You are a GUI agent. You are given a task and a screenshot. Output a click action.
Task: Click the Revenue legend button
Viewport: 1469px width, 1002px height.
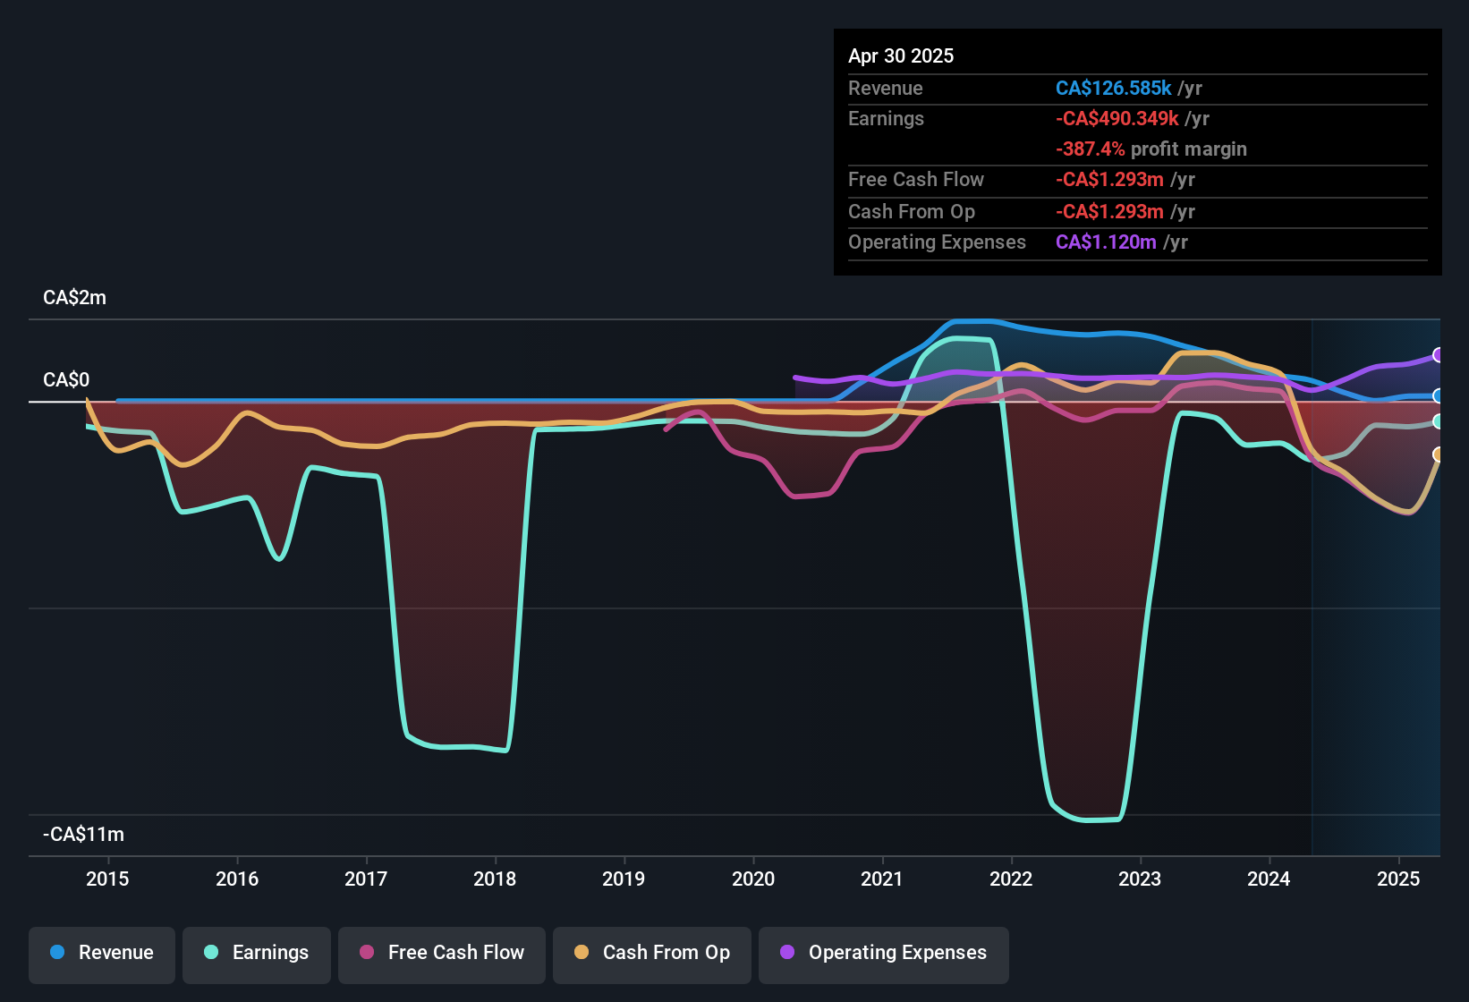click(102, 953)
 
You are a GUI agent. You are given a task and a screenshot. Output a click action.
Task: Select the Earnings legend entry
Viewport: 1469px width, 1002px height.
click(257, 953)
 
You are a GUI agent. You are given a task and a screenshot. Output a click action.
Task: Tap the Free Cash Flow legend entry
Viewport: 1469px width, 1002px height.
click(442, 953)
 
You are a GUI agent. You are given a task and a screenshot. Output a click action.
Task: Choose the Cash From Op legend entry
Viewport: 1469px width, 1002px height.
click(652, 953)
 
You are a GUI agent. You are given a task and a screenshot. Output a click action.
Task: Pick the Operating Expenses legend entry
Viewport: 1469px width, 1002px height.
click(884, 953)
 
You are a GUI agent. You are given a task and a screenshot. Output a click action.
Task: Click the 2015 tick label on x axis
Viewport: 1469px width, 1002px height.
click(107, 879)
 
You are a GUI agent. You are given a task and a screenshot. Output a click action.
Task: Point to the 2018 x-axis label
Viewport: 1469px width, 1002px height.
click(495, 879)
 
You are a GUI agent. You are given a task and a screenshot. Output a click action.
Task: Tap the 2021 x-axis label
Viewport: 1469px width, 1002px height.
click(882, 879)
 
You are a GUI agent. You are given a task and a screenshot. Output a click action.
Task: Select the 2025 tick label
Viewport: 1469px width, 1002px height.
click(1398, 879)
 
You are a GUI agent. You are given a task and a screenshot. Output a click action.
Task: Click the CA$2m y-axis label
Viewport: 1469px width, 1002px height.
click(74, 298)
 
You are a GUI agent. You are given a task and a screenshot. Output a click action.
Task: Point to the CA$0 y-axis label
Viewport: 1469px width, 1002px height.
click(66, 380)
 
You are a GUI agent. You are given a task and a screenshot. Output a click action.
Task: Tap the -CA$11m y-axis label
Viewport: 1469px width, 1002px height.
click(83, 835)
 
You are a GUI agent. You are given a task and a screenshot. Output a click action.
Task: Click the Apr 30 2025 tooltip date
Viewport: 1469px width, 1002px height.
click(901, 55)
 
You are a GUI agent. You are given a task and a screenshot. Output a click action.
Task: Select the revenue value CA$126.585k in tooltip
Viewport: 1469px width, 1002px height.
click(1113, 88)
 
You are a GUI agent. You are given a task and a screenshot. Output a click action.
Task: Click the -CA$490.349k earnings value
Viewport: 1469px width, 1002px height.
click(1117, 119)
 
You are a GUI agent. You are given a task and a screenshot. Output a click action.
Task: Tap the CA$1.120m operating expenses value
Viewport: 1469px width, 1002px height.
click(1106, 242)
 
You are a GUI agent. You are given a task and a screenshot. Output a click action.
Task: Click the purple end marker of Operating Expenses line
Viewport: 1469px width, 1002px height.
click(1438, 355)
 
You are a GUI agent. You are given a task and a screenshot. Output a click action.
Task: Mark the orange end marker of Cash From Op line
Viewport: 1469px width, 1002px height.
click(1438, 454)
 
